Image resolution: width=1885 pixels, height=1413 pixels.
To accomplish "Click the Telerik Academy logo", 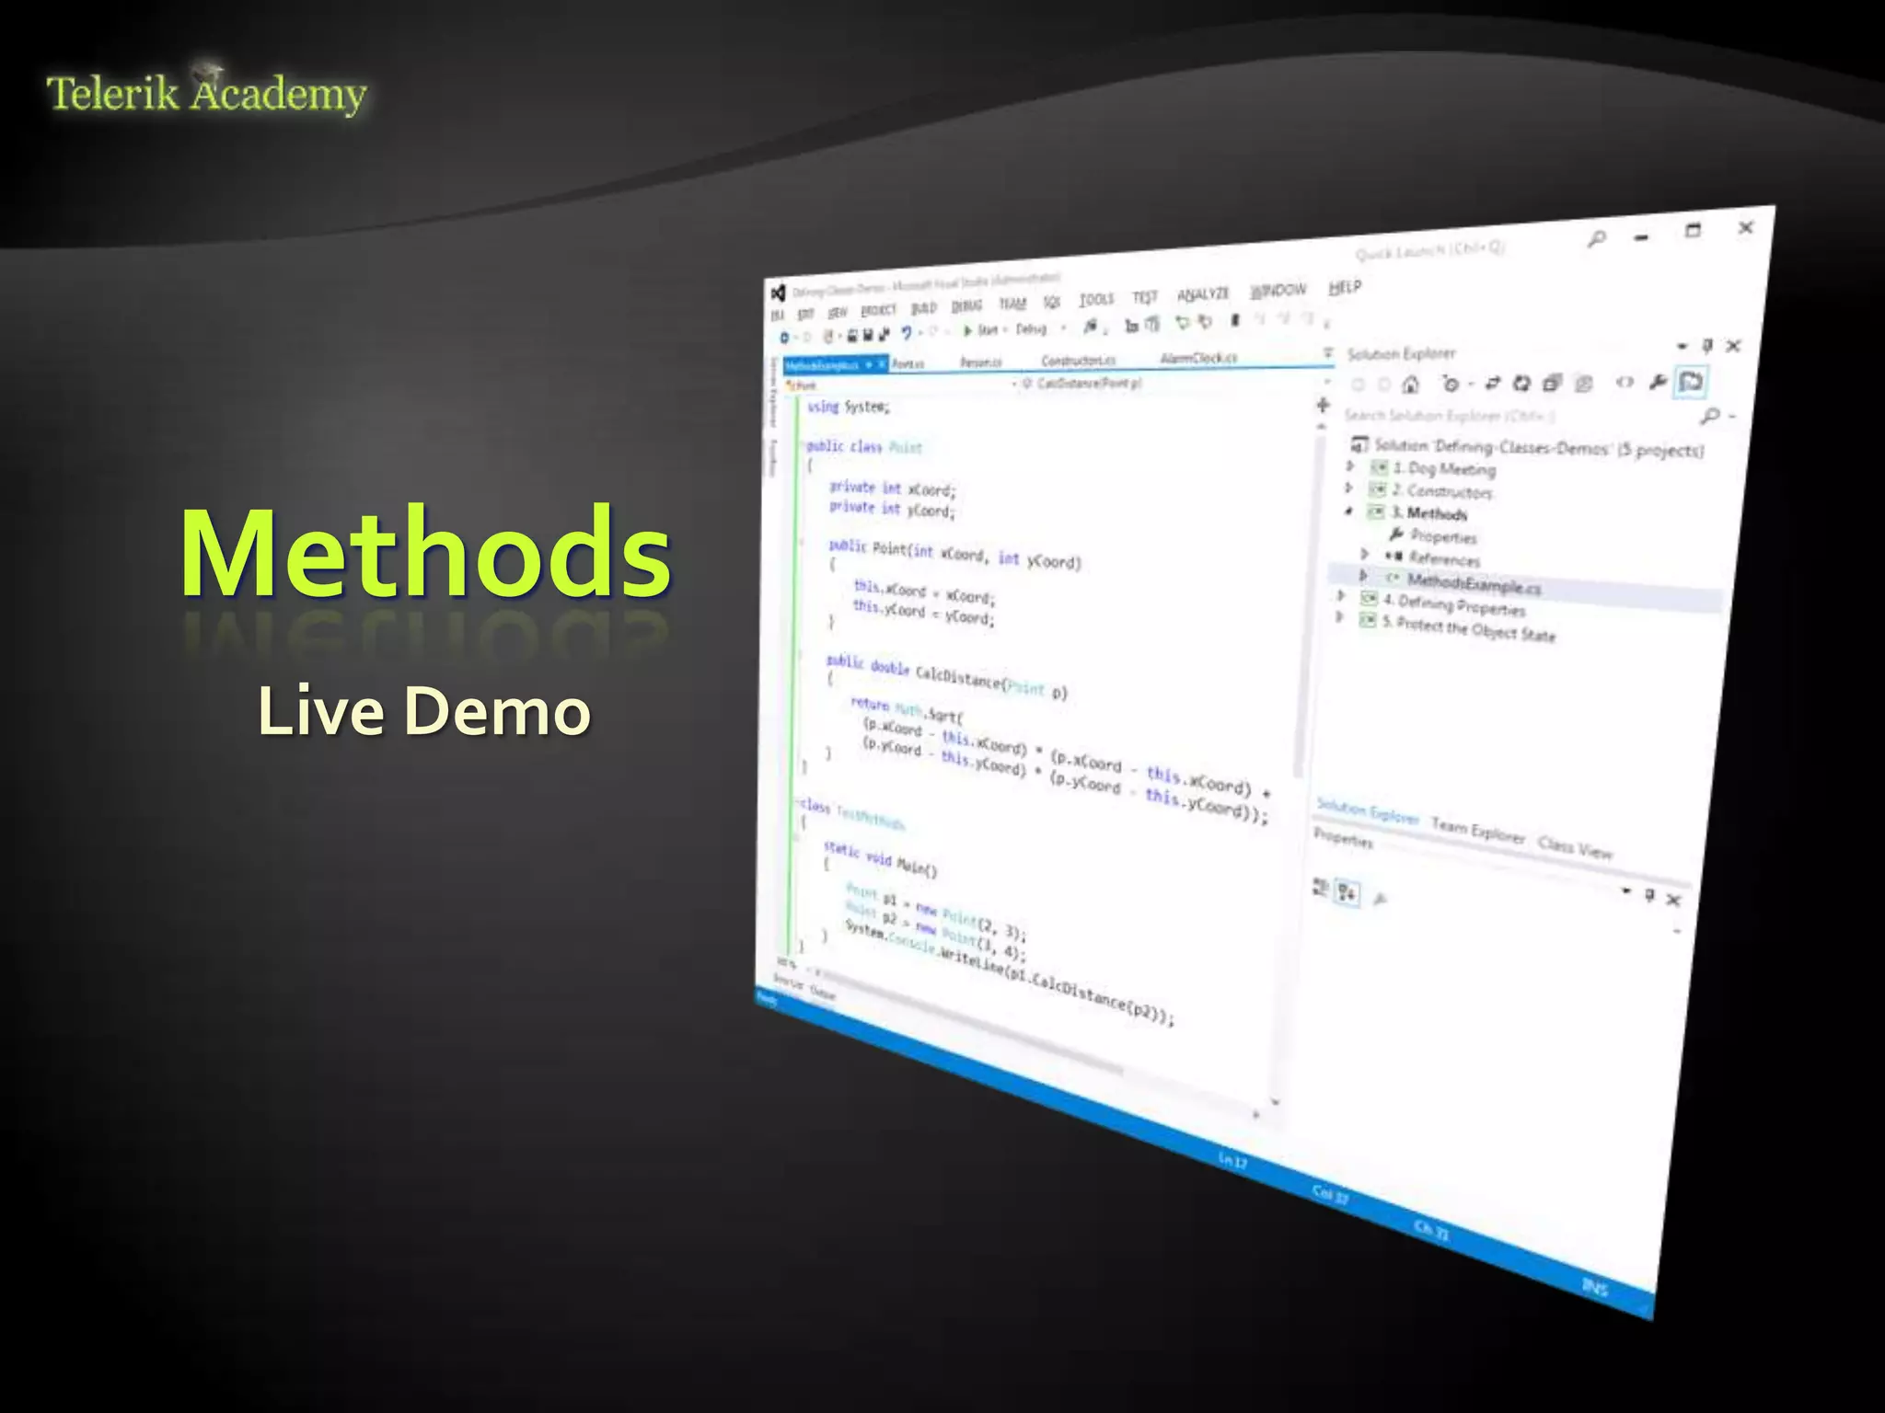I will (206, 93).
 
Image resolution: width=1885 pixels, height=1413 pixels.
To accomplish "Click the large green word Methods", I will (425, 554).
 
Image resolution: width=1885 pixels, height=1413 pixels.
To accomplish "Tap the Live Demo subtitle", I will (423, 711).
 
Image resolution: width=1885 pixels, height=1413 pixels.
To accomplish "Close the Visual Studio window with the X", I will (1745, 227).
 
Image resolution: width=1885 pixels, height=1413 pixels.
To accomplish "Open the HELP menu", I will (1344, 288).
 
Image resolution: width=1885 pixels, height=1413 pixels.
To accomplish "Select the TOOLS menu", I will (1095, 299).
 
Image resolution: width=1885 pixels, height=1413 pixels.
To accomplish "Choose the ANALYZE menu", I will (1203, 294).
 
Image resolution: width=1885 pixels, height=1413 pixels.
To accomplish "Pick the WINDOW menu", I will (1278, 291).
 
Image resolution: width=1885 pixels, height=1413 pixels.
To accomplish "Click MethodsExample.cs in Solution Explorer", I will (1473, 583).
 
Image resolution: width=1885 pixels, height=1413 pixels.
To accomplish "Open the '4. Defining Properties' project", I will (1460, 606).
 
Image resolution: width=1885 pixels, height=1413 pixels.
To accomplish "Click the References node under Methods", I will (1443, 559).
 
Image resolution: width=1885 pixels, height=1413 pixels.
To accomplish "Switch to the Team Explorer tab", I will (1477, 831).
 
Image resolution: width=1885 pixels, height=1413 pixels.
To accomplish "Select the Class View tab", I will (1575, 847).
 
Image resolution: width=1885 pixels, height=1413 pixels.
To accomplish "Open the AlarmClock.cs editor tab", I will (1198, 358).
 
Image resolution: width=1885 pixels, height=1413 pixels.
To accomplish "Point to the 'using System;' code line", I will (848, 407).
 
